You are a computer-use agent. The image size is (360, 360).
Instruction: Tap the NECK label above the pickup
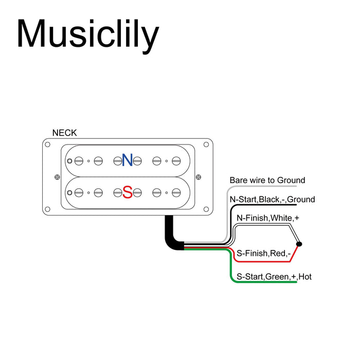click(64, 133)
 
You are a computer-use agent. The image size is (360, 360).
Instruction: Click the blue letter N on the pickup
click(127, 160)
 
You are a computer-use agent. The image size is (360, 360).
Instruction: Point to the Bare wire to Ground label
click(267, 181)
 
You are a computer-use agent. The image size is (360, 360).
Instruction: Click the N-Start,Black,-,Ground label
click(272, 200)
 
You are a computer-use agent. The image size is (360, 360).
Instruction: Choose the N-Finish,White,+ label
click(267, 218)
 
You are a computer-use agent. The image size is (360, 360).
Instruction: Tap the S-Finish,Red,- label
click(263, 253)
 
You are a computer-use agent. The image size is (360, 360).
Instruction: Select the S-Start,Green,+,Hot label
click(274, 277)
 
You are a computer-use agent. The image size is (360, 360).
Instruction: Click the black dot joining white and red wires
click(299, 243)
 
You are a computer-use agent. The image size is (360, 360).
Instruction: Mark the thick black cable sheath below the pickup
click(170, 234)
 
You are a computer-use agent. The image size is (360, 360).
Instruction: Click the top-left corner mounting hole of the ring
click(48, 145)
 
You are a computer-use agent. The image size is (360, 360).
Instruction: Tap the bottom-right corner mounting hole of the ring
click(207, 209)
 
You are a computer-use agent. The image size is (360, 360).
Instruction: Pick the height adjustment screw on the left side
click(56, 177)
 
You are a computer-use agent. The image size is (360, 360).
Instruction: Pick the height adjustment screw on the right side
click(199, 177)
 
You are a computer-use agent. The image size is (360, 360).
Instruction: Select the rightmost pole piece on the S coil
click(176, 193)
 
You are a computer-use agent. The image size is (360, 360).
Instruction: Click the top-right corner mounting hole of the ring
click(207, 145)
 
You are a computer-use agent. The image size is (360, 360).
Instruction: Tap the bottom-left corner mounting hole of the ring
click(48, 209)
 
